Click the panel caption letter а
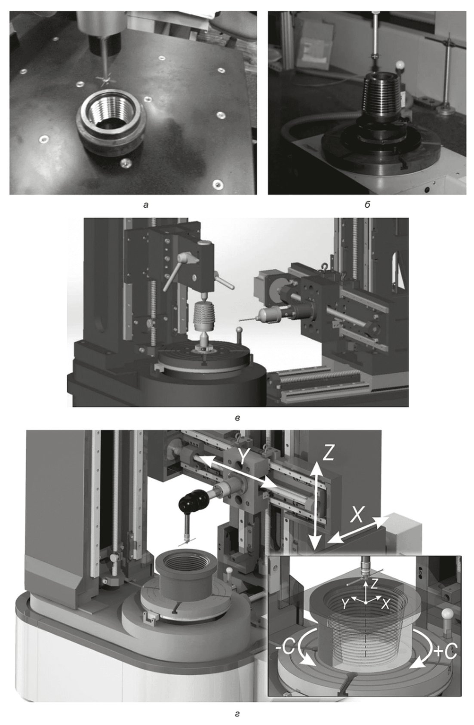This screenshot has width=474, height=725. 146,205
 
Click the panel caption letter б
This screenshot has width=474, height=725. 367,205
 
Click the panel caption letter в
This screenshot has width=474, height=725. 237,418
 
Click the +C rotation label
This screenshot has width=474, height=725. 446,651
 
